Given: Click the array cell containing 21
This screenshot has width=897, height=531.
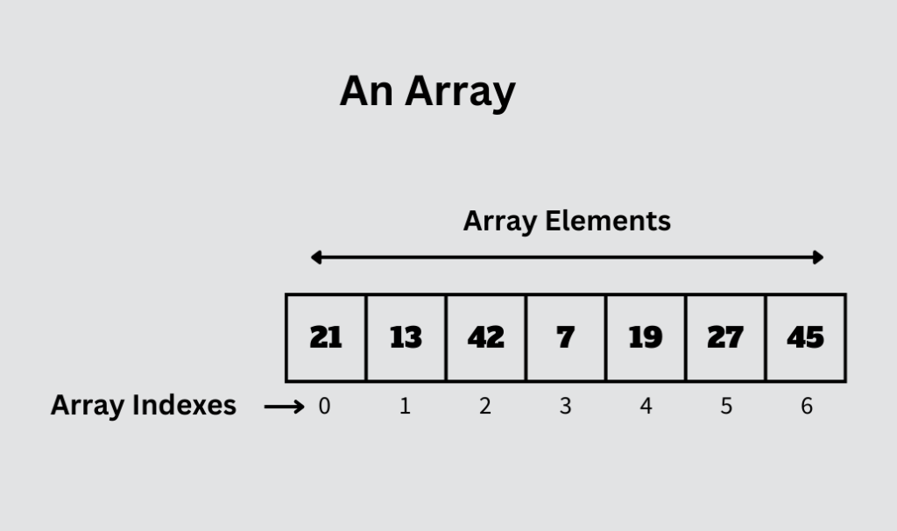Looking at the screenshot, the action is tap(326, 337).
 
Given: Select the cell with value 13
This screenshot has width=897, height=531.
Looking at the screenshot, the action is tap(406, 337).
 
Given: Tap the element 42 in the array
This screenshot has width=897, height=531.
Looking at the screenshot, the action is tap(485, 337).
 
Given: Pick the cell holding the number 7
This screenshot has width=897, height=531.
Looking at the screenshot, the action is tap(566, 337).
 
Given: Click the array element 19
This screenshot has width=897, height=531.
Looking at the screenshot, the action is tap(646, 337).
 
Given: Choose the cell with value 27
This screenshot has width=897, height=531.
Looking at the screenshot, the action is tap(725, 337).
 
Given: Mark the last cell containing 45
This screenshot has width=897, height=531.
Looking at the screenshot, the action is tap(806, 337).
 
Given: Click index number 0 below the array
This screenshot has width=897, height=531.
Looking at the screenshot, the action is tap(324, 407).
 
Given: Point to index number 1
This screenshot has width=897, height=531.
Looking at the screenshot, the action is tap(405, 407).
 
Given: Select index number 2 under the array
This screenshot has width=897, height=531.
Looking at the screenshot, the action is tap(485, 407).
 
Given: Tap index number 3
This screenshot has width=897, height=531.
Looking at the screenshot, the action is tap(565, 407).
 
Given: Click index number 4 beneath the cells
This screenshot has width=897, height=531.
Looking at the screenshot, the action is tap(646, 407).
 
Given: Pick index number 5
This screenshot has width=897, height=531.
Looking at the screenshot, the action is tap(726, 407).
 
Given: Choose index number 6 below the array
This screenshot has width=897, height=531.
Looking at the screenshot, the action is tap(807, 407).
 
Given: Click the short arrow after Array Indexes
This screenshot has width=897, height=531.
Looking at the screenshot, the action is tap(285, 407).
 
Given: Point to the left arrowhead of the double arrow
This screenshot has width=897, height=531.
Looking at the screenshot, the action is tap(315, 258).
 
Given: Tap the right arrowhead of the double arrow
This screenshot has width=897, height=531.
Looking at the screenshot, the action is tap(818, 258).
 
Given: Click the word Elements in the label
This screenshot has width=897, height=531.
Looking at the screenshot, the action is tap(608, 221).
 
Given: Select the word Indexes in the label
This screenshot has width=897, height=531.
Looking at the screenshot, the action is tap(184, 405).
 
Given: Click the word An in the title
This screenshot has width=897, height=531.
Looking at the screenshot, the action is tap(366, 91).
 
